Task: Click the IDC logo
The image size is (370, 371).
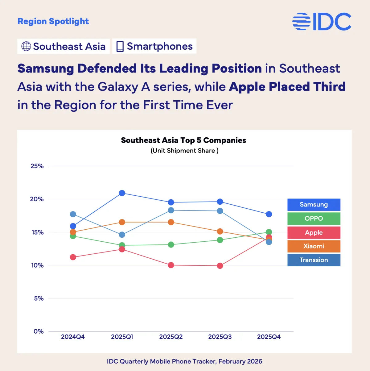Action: pos(322,22)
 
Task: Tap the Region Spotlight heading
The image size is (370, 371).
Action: pos(53,21)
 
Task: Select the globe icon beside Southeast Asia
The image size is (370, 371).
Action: pos(26,46)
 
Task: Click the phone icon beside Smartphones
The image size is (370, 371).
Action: pos(120,46)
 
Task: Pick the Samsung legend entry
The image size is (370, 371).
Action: pos(314,205)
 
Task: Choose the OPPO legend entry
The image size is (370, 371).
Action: pos(314,219)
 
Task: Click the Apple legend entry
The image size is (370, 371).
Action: pos(314,232)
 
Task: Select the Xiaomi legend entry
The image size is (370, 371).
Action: pos(314,246)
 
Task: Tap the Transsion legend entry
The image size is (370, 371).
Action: pos(314,260)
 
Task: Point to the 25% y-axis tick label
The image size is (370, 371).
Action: pos(37,166)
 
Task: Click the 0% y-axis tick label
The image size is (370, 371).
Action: pos(39,331)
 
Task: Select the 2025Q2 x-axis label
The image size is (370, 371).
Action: pos(171,337)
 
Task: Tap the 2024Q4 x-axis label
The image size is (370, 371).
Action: pos(73,337)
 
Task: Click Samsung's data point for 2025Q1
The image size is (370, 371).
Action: pos(122,193)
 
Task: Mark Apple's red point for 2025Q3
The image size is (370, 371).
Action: pos(220,266)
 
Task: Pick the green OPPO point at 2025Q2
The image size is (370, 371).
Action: pos(171,245)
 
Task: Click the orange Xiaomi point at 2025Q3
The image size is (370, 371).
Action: pos(220,231)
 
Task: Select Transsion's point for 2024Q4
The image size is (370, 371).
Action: pos(73,214)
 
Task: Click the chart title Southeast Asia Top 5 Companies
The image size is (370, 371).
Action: pos(183,140)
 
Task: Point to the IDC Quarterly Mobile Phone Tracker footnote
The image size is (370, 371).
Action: pos(184,361)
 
